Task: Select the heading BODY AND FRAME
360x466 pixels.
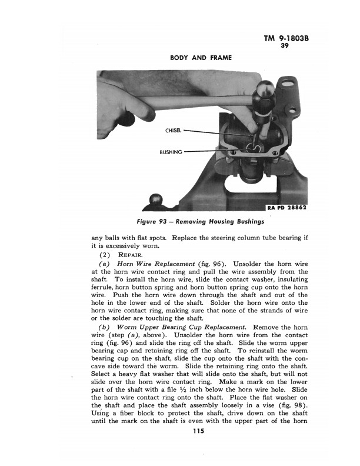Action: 201,58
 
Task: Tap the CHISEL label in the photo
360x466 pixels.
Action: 170,131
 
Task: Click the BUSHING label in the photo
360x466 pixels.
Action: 169,151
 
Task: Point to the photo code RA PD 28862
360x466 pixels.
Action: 288,208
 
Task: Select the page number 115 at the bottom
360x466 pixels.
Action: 198,432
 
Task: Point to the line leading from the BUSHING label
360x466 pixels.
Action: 221,151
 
